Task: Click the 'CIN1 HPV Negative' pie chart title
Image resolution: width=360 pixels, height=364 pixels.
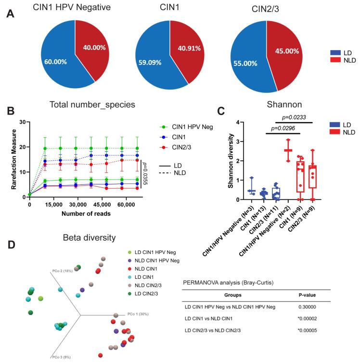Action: pyautogui.click(x=72, y=8)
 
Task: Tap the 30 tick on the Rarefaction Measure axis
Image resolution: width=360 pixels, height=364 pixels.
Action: pyautogui.click(x=25, y=122)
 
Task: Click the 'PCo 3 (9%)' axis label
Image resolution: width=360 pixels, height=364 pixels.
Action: pyautogui.click(x=62, y=357)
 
